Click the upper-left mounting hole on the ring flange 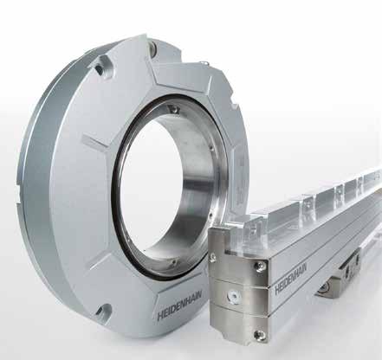coord(100,68)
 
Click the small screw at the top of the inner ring coord(174,108)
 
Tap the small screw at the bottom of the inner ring coord(174,262)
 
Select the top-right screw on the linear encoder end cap coord(259,267)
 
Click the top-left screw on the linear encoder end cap coord(213,257)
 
